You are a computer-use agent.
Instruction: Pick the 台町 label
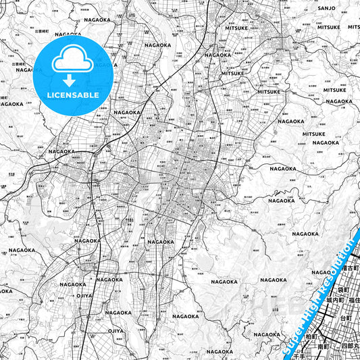click(346, 317)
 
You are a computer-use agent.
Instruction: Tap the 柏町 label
click(311, 336)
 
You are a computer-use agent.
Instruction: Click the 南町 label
click(322, 346)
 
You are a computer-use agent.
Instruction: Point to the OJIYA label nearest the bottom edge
click(116, 331)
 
